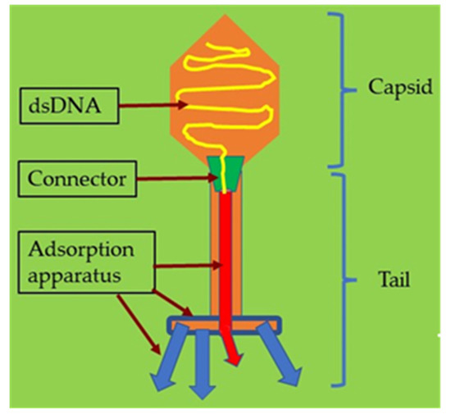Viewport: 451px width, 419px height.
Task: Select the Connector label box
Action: pyautogui.click(x=73, y=177)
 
